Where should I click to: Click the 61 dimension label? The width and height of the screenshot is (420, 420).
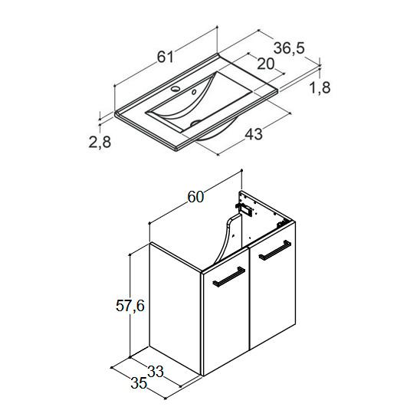[x=166, y=57]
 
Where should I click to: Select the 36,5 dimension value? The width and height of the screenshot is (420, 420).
[x=289, y=48]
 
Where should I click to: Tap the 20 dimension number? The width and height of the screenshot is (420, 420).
[x=266, y=64]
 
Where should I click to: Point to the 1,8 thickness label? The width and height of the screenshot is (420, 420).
[x=320, y=87]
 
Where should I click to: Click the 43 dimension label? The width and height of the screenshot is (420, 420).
[x=254, y=133]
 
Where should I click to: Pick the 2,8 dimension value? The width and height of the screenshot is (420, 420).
[x=100, y=142]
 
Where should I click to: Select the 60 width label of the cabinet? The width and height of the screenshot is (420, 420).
[x=195, y=197]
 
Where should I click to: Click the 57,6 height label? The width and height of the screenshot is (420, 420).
[x=130, y=306]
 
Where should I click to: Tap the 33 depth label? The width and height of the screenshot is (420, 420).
[x=156, y=372]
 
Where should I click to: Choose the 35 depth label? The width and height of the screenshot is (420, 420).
[x=139, y=382]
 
